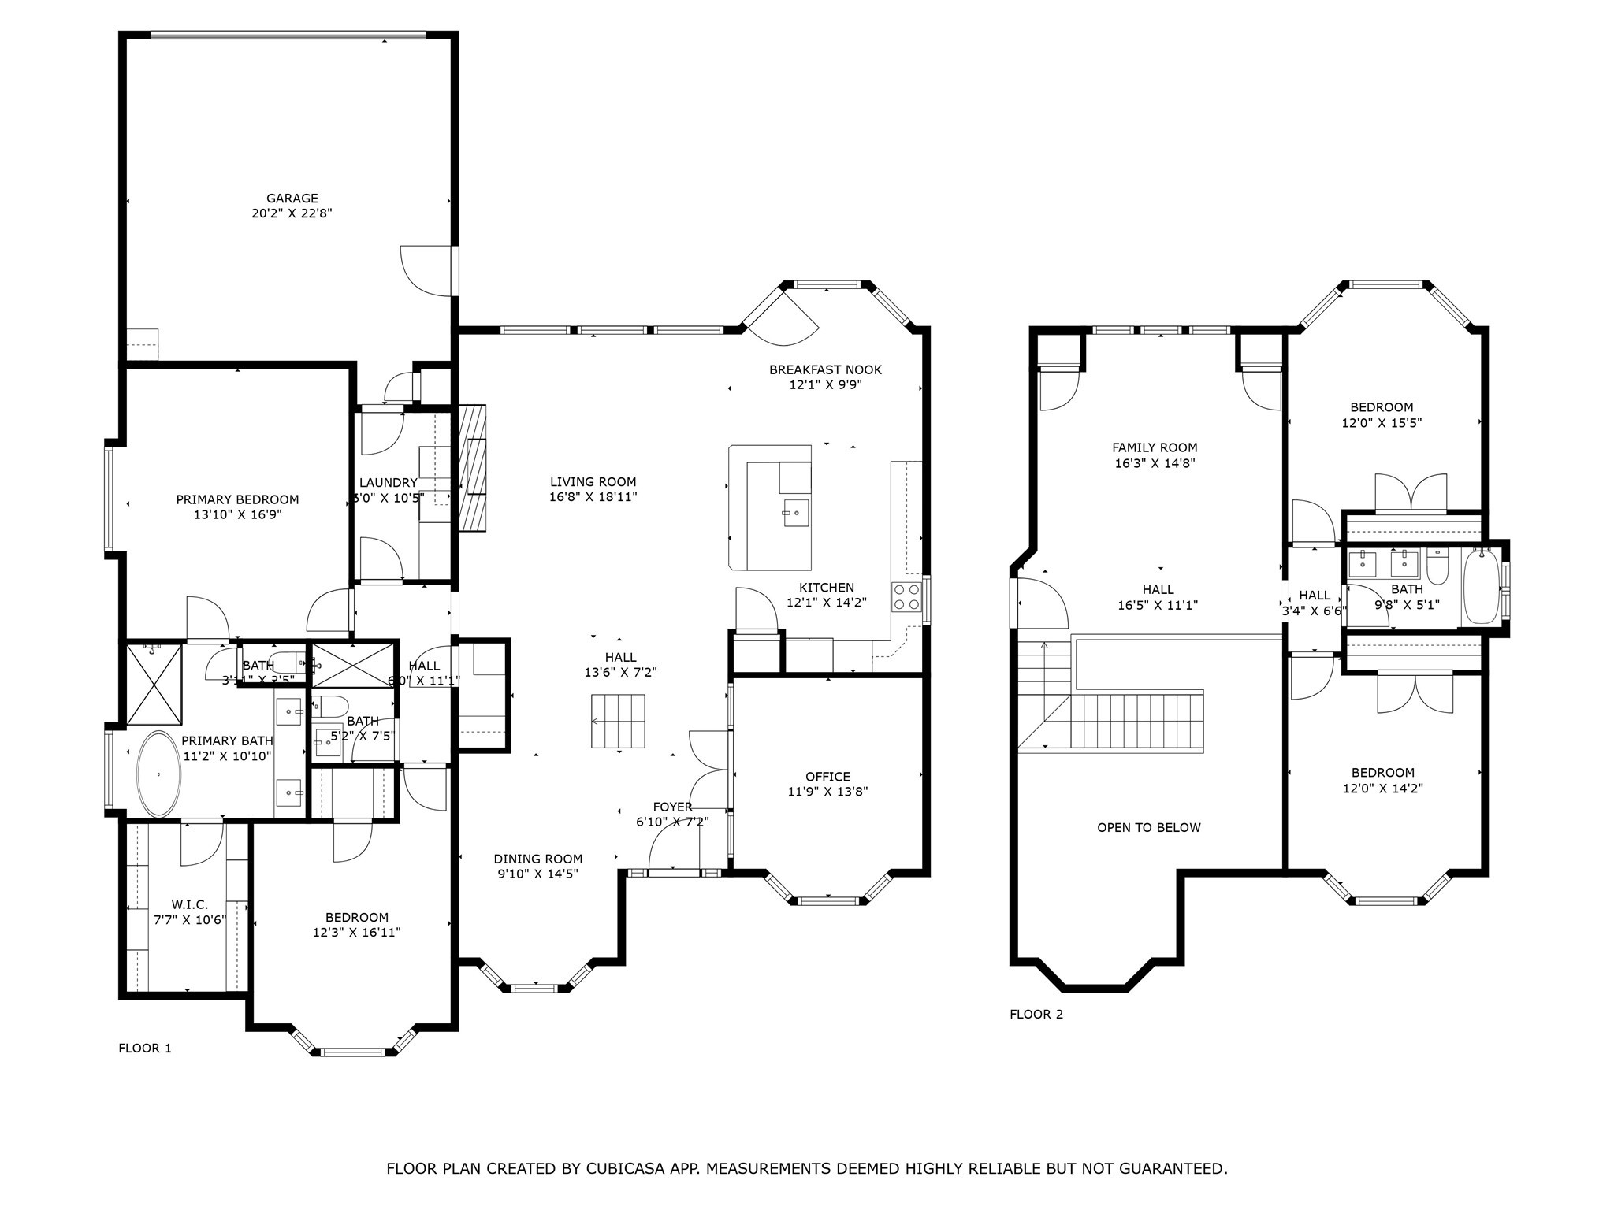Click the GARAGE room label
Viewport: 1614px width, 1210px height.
click(x=292, y=199)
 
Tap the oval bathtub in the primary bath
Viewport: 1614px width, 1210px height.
click(x=158, y=774)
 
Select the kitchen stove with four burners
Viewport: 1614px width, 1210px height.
click(x=906, y=597)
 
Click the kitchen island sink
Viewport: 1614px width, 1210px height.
click(x=795, y=512)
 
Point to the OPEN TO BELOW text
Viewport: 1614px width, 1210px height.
click(x=1148, y=827)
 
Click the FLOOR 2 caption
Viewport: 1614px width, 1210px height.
click(x=1036, y=1014)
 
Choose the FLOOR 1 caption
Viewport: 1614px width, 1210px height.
click(x=144, y=1048)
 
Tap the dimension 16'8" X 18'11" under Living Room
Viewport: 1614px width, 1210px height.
click(x=593, y=497)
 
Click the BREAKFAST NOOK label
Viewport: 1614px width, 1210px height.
click(x=825, y=369)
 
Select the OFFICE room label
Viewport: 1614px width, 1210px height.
click(x=827, y=777)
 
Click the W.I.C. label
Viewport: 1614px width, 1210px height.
click(x=189, y=905)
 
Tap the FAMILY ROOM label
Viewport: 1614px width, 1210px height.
click(x=1155, y=447)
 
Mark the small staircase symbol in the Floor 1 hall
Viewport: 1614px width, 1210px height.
click(x=618, y=721)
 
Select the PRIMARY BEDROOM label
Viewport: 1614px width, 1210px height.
click(x=237, y=499)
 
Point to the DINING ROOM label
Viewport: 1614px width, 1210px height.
click(x=538, y=859)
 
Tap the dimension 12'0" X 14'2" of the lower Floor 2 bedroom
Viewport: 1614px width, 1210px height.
click(x=1382, y=788)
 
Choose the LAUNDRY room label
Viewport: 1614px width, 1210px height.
click(x=388, y=483)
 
